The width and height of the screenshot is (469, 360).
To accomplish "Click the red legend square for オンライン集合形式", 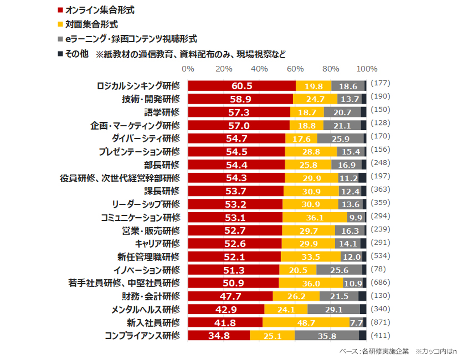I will point(60,9).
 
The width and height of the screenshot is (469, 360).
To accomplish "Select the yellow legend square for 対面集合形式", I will point(60,24).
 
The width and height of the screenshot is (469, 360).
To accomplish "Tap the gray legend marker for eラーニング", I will point(60,39).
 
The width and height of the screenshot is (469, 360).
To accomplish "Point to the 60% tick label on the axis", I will point(295,69).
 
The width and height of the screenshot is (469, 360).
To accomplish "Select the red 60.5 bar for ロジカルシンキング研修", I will point(242,86).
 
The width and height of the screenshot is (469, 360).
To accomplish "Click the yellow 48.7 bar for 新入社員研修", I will point(306,323).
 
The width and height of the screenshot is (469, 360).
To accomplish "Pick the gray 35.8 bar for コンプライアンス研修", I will point(327,336).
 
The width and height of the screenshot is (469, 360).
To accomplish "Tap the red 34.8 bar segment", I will point(219,336).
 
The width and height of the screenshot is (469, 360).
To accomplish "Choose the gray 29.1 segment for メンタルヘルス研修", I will point(334,309).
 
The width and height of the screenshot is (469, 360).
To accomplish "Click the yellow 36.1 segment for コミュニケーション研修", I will point(315,218).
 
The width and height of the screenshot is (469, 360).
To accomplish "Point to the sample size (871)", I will point(381,322).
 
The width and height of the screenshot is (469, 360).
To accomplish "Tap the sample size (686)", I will point(381,283).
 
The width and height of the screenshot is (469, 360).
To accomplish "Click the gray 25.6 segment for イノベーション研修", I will point(339,270).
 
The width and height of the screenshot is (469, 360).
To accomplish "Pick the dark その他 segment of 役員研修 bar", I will point(362,178).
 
